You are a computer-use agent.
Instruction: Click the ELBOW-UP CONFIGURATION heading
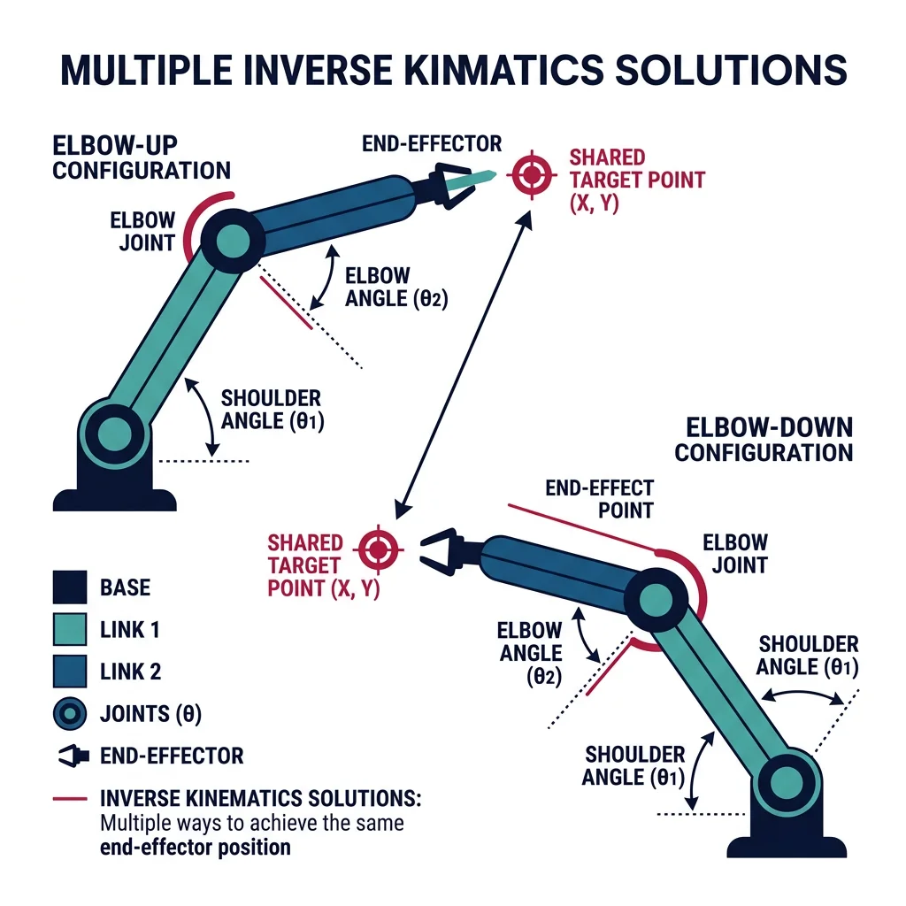[x=141, y=157]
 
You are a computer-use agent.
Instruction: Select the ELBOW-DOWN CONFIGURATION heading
[x=763, y=441]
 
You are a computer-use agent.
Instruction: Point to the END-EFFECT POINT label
[x=600, y=499]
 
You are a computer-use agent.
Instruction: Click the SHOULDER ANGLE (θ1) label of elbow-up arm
[x=271, y=410]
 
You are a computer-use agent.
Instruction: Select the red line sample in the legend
[x=69, y=799]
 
